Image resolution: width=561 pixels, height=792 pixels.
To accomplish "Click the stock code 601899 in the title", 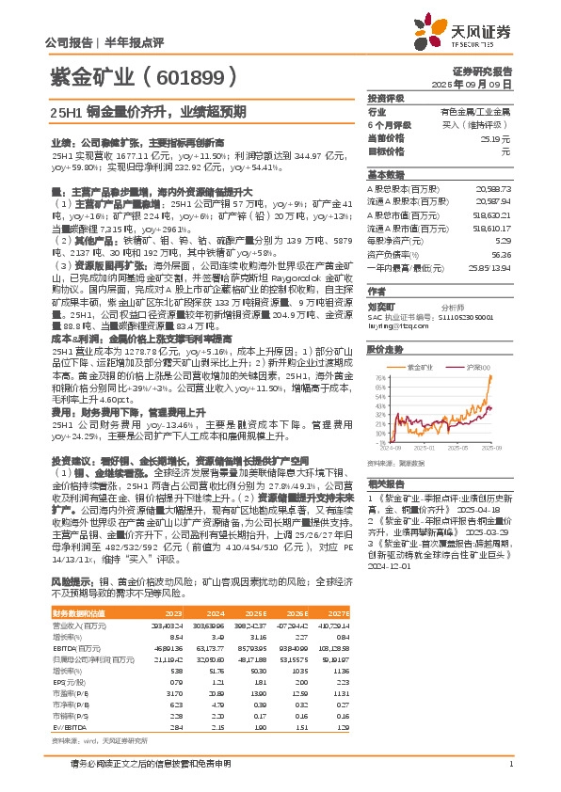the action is click(189, 77).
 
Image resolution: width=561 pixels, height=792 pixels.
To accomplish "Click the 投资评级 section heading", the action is click(386, 97).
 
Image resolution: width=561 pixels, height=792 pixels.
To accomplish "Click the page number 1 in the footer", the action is click(509, 763).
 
